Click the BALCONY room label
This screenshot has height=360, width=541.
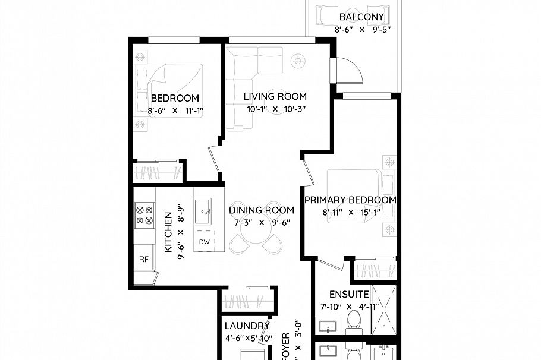pyautogui.click(x=361, y=17)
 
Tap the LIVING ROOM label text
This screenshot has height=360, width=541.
pyautogui.click(x=275, y=96)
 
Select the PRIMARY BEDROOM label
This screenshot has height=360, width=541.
pyautogui.click(x=350, y=200)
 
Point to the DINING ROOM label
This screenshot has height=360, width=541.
pyautogui.click(x=262, y=210)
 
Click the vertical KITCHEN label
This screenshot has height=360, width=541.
pyautogui.click(x=168, y=232)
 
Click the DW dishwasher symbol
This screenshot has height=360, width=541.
pyautogui.click(x=204, y=242)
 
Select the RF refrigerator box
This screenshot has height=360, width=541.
pyautogui.click(x=143, y=258)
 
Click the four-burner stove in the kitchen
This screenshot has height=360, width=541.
pyautogui.click(x=144, y=215)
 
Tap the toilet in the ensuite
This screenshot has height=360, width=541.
pyautogui.click(x=355, y=321)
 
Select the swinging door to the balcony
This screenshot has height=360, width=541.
pyautogui.click(x=348, y=71)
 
